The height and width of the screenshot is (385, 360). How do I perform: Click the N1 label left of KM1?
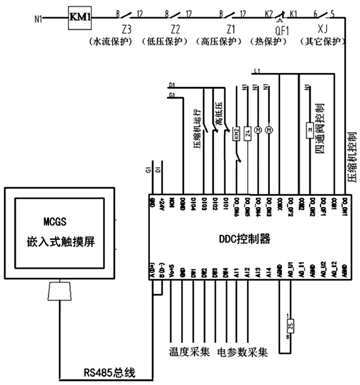[x=40, y=20]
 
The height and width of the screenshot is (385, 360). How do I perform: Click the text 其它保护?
[x=322, y=42]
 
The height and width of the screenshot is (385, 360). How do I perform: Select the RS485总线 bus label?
[x=109, y=372]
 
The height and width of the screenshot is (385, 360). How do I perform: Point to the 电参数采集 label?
[x=243, y=351]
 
